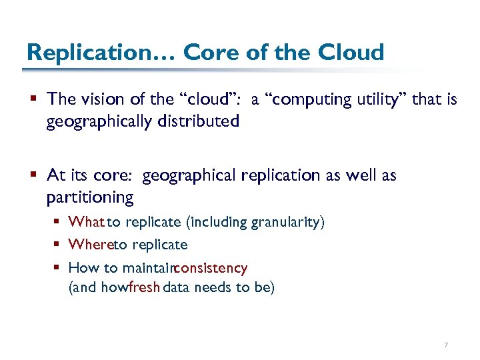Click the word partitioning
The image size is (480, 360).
tap(90, 198)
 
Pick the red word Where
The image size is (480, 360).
tap(90, 245)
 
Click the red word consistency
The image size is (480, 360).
tap(210, 268)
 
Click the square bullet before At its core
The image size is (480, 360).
tap(33, 175)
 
